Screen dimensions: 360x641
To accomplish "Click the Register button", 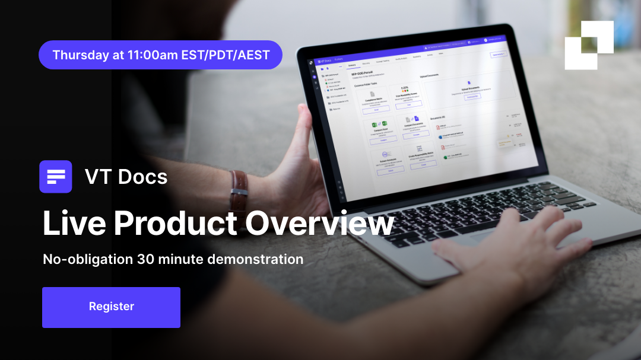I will (111, 307).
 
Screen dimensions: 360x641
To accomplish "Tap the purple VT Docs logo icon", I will (56, 177).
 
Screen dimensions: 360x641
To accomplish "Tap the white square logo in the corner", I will (588, 45).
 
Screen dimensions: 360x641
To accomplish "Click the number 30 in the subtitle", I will (145, 259).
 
